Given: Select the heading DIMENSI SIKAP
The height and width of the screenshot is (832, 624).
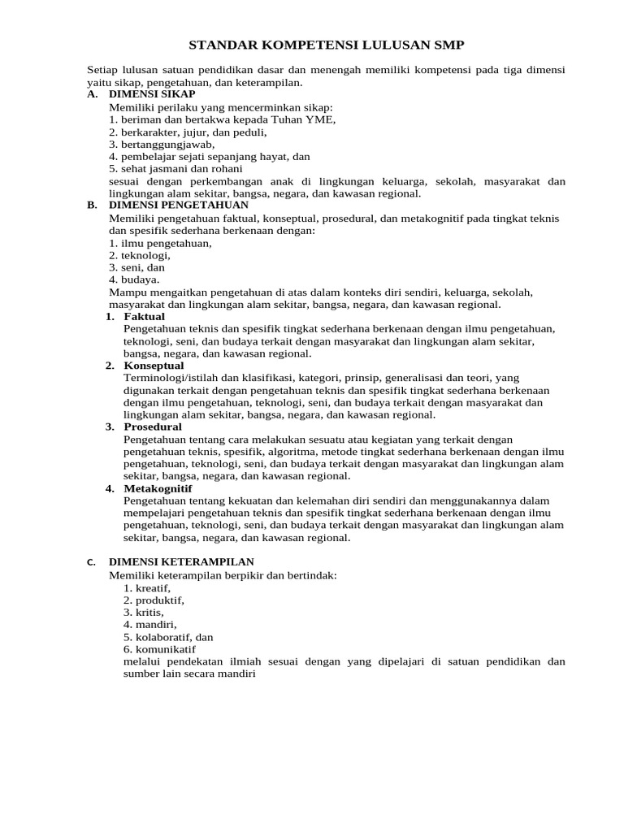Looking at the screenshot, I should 152,94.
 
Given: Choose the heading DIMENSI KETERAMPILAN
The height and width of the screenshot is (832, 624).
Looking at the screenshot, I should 181,561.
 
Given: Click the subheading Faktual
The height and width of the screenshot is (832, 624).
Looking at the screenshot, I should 144,316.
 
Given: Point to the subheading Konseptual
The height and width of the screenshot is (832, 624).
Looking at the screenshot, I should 154,366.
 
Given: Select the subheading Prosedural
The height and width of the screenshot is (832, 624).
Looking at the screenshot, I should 153,427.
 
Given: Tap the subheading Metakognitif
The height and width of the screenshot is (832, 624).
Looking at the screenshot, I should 158,488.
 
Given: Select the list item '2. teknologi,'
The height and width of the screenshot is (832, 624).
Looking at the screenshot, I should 140,255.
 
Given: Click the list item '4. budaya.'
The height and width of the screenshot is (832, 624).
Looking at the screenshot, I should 134,279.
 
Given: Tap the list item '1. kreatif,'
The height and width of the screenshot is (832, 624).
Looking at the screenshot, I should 147,588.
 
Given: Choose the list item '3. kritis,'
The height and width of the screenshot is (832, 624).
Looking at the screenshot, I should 144,613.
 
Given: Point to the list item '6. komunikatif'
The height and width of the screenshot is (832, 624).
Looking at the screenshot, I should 159,649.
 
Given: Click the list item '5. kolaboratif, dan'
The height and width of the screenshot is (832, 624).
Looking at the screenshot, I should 168,637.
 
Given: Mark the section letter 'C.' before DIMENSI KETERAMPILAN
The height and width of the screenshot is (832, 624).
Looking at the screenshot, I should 91,562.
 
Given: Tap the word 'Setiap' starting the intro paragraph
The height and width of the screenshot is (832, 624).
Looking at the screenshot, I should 102,70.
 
